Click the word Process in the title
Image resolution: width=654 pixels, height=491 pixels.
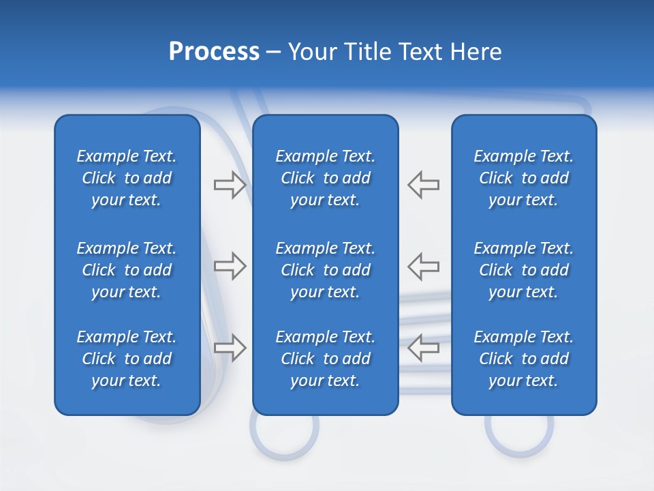tap(214, 52)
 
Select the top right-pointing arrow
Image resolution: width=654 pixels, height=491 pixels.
tap(230, 185)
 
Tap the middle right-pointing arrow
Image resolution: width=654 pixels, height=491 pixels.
tap(230, 266)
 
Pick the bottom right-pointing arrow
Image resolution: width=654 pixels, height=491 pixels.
tap(230, 347)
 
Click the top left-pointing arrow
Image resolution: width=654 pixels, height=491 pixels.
tap(424, 185)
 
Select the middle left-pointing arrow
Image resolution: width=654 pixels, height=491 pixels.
tap(424, 266)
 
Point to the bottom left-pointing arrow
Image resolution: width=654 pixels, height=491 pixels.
tap(424, 347)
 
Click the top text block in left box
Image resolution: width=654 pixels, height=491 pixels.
tap(127, 178)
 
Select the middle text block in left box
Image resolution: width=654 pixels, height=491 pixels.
tap(127, 270)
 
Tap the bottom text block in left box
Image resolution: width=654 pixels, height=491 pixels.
tap(127, 359)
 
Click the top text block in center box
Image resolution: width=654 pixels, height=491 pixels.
tap(326, 178)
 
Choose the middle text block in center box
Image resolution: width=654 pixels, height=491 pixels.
tap(326, 270)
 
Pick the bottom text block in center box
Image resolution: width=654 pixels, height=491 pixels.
tap(326, 359)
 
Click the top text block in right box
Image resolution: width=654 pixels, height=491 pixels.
tap(524, 178)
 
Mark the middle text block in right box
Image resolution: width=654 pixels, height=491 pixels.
tap(524, 270)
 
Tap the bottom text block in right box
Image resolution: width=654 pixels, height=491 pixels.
tap(524, 359)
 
